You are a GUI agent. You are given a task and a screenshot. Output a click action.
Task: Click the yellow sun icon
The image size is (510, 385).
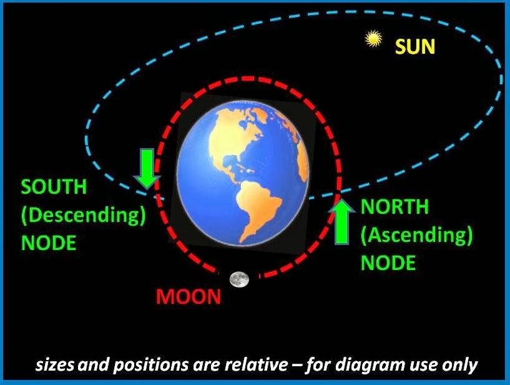click(x=373, y=39)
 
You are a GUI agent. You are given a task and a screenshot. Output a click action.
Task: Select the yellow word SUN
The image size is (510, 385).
click(x=415, y=47)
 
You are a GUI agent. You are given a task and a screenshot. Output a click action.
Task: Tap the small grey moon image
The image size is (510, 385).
click(x=238, y=279)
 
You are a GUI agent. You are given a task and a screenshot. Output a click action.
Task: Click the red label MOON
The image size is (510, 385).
click(x=189, y=296)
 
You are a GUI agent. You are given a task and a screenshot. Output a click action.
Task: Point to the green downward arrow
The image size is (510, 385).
click(x=147, y=168)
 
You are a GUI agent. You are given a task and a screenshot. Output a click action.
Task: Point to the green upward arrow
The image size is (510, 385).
click(x=342, y=221)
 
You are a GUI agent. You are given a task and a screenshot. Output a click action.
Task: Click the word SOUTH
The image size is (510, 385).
click(x=54, y=187)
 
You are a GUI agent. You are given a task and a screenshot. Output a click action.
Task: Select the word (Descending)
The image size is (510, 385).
click(x=84, y=215)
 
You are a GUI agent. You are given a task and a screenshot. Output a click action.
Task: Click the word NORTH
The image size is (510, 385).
click(x=395, y=207)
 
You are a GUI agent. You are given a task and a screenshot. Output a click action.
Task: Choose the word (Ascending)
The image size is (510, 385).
click(x=417, y=235)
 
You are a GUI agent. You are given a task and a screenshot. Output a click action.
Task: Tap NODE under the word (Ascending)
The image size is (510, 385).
click(x=388, y=262)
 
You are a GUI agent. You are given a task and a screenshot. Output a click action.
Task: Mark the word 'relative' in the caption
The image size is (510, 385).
click(x=261, y=364)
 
